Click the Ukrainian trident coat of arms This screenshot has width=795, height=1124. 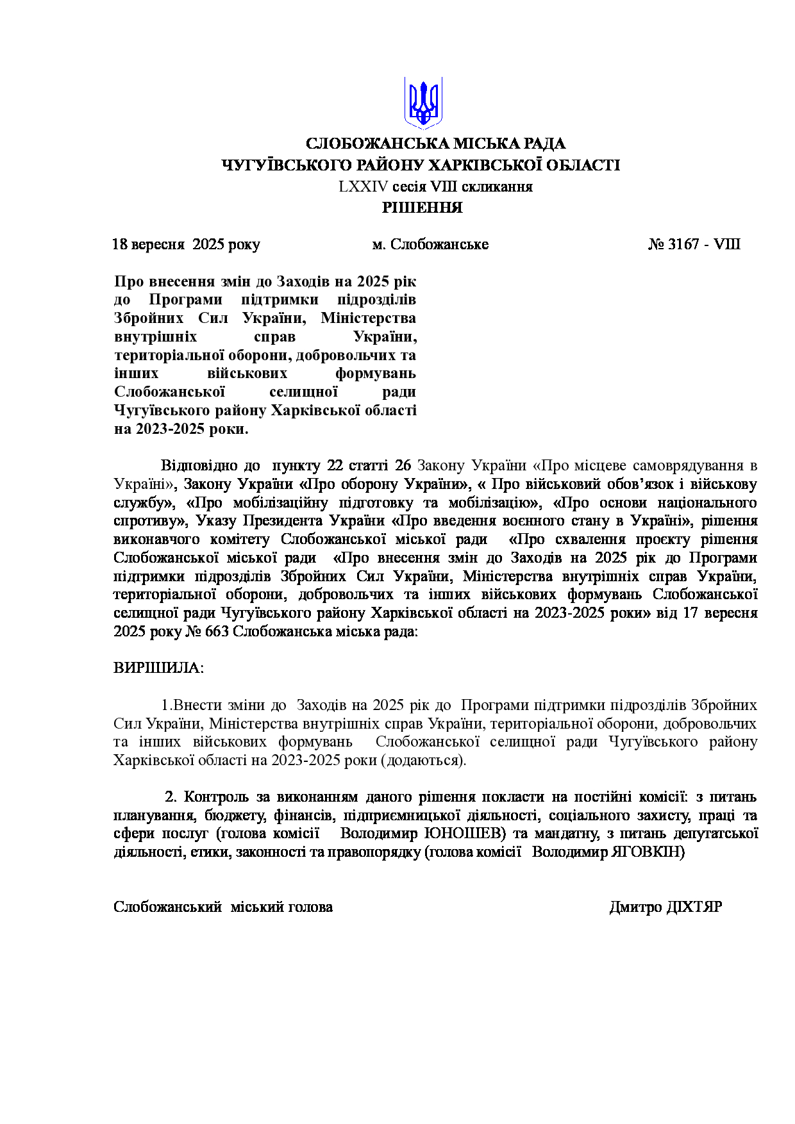[x=423, y=103]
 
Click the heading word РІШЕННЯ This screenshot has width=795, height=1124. [x=423, y=208]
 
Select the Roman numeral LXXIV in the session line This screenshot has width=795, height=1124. [x=364, y=187]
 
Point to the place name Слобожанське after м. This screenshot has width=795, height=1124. [x=439, y=244]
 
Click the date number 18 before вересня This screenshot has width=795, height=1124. [x=120, y=244]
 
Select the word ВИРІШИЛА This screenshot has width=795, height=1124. [x=158, y=668]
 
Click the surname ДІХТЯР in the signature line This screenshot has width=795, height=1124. [x=694, y=907]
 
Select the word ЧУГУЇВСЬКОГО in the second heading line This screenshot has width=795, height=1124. [x=276, y=165]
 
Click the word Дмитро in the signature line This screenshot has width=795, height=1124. [x=635, y=907]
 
